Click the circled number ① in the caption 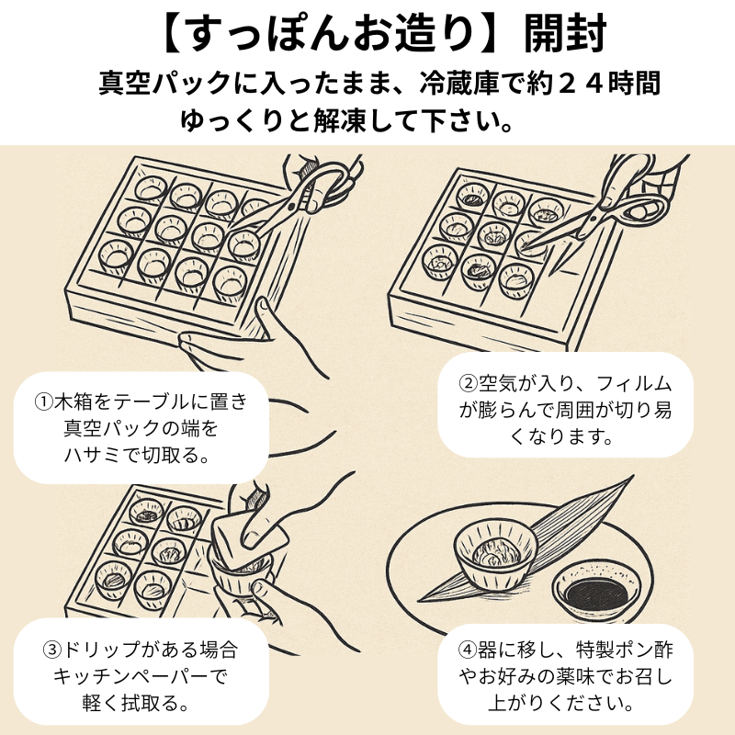(x=45, y=402)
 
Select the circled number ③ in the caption (x=52, y=651)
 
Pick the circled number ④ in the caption (x=469, y=651)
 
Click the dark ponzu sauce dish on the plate (x=592, y=593)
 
